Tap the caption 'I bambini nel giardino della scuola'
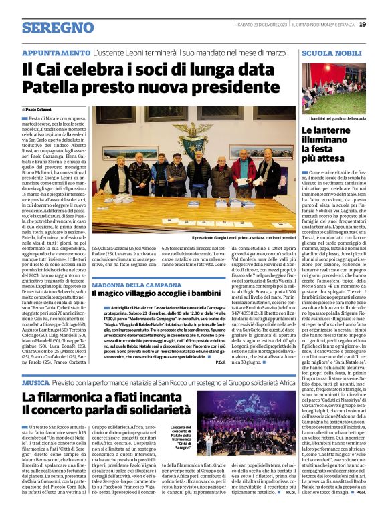(332, 118)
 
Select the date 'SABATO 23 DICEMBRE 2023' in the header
(266, 25)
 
